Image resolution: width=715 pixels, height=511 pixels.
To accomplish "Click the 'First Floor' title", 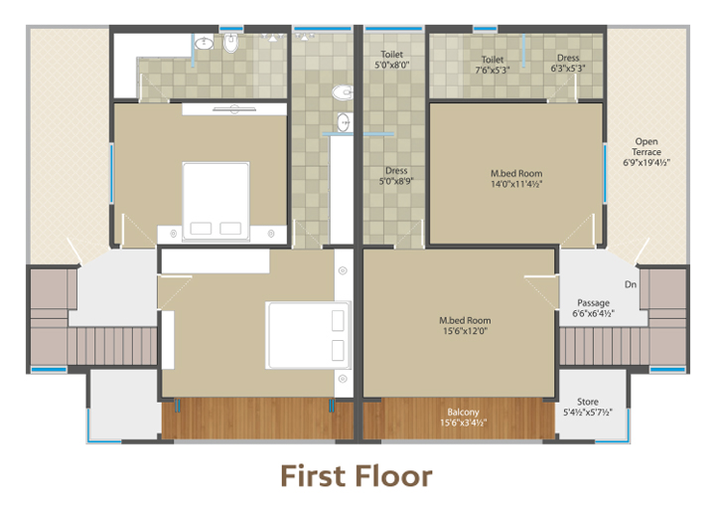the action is tap(357, 476).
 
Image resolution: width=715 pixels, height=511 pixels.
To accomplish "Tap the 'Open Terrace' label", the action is tap(646, 146).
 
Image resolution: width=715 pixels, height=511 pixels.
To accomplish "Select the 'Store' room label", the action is tap(587, 402).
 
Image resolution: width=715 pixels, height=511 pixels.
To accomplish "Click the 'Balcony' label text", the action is tap(463, 412).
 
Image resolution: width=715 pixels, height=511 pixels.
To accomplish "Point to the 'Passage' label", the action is tap(593, 303).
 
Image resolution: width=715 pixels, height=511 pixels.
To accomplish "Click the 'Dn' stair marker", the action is tap(631, 284).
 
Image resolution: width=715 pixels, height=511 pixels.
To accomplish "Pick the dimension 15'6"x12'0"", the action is tap(465, 331).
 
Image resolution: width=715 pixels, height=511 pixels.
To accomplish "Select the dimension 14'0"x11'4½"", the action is tap(516, 184).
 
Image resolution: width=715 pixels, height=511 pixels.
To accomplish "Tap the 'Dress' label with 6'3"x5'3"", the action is tap(568, 58).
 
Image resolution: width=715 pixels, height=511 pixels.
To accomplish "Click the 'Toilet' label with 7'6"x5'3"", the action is tap(493, 60).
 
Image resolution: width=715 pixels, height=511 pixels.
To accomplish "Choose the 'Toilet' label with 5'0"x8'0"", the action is tap(391, 55).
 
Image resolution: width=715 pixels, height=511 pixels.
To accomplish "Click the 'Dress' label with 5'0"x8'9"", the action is tap(396, 171).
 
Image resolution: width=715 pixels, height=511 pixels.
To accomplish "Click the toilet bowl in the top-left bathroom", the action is tap(230, 44).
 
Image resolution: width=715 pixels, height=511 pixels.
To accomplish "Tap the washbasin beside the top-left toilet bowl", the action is tap(204, 44).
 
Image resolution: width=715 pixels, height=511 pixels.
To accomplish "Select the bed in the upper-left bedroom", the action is tap(215, 201).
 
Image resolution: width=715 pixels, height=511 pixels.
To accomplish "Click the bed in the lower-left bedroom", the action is tap(308, 335).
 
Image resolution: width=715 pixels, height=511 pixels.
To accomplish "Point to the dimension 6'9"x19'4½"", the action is tap(646, 163).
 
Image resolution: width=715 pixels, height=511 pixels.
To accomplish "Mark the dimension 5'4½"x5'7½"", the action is tap(588, 413).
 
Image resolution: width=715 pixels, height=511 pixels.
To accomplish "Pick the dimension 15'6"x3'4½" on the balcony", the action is tap(464, 423).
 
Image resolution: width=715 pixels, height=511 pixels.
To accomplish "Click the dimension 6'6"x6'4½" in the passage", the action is tap(593, 313).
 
